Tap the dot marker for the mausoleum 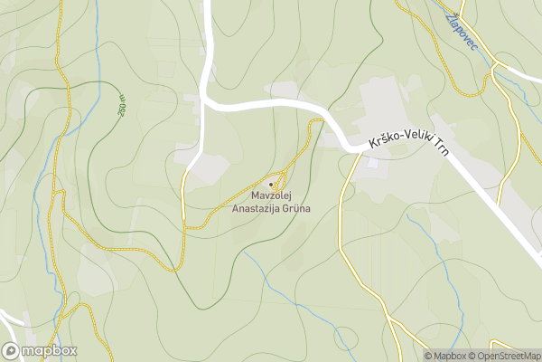tap(271, 184)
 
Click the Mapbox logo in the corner tap(40, 350)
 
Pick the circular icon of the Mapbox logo tap(12, 350)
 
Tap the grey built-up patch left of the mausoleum tap(210, 168)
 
